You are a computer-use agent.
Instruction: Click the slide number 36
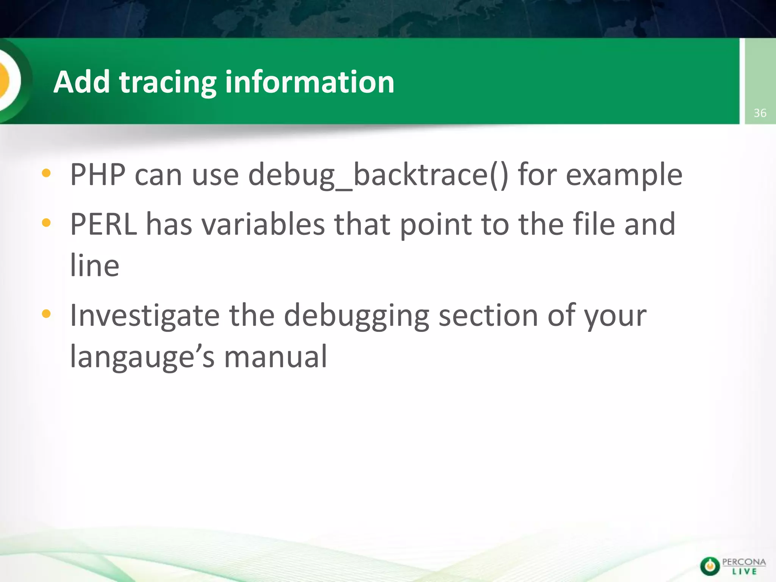pos(760,113)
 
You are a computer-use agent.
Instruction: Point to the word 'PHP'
pos(98,175)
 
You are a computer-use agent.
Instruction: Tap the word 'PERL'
pos(103,224)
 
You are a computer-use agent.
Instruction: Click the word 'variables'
pos(263,224)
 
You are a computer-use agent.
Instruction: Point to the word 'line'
pos(95,265)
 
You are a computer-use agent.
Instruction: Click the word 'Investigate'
pos(145,315)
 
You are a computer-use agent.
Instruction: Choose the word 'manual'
pos(275,357)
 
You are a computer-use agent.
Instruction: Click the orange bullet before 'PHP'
pos(46,174)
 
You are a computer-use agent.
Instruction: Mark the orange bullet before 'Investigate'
pos(46,314)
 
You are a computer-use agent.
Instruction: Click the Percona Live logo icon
pos(709,566)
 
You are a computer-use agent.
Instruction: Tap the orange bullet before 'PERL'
pos(46,223)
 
